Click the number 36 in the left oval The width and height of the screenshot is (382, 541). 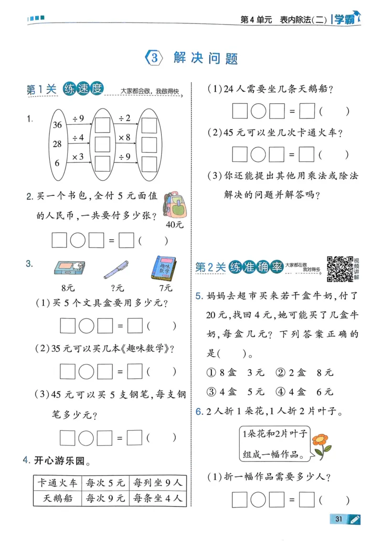coord(58,125)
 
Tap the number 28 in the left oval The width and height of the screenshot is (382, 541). coord(58,144)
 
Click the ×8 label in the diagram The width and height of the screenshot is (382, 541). coord(124,138)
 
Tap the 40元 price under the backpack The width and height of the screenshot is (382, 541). coord(174,224)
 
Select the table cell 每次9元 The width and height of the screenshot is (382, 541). coord(105,498)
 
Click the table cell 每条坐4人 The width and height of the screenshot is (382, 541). coord(158,498)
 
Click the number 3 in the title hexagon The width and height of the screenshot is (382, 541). coord(154,58)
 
